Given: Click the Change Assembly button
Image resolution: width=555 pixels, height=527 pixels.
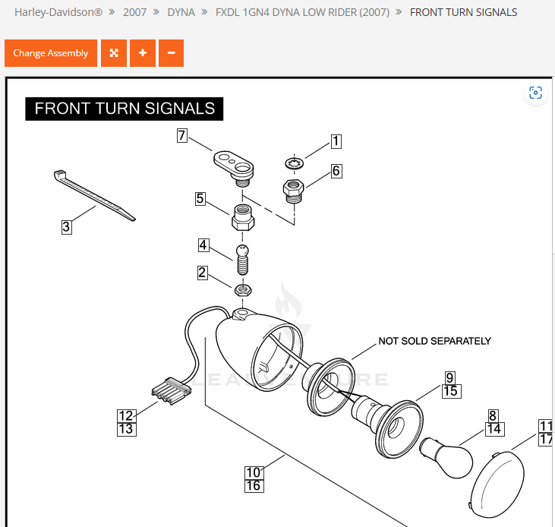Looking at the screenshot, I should pos(51,53).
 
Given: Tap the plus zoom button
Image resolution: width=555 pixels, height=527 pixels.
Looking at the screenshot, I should pos(142,53).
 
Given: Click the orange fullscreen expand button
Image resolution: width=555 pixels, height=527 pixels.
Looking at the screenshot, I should pos(114,53).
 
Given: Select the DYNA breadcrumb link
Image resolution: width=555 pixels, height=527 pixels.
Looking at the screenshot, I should pos(181,12).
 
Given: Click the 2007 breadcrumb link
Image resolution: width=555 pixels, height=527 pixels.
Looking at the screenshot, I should pos(135,12).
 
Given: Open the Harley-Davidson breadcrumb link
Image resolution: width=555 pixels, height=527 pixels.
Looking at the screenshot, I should pos(58,12).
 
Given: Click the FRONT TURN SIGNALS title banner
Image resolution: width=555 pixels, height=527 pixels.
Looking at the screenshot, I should pos(125,109).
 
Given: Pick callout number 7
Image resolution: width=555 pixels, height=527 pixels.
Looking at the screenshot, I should pos(182,136).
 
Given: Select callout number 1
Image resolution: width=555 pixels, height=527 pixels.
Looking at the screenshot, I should pos(336,141).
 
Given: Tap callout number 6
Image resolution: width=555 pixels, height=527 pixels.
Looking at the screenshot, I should pos(336,171).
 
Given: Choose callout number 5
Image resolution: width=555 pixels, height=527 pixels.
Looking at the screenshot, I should pos(200,199).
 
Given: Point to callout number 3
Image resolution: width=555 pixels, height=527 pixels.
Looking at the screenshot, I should pos(67,226).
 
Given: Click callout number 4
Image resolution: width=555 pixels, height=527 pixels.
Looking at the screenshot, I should pos(203,245).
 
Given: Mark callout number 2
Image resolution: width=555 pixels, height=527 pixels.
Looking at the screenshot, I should pos(202,273).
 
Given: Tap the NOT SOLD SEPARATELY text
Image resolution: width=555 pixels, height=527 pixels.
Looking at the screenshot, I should pos(434,341).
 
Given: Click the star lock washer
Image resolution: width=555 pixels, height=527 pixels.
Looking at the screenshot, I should pos(295,163).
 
